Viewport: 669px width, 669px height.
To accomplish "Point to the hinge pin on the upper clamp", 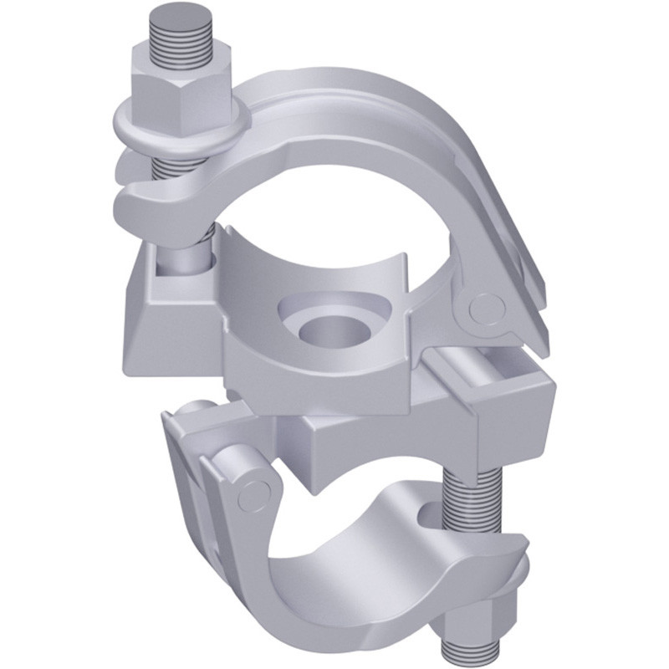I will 484,308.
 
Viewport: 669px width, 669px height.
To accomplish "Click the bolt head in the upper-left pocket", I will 180,263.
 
